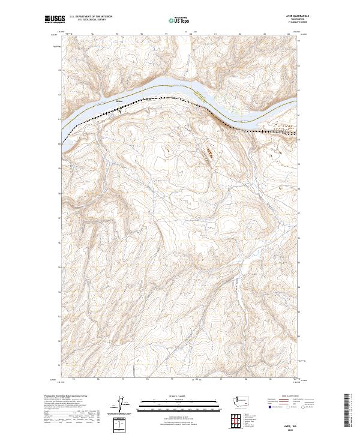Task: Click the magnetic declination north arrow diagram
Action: (x=124, y=404)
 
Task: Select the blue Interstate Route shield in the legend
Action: (x=269, y=407)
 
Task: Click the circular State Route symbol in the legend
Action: (x=305, y=407)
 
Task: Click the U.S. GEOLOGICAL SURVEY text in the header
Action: (x=90, y=21)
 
